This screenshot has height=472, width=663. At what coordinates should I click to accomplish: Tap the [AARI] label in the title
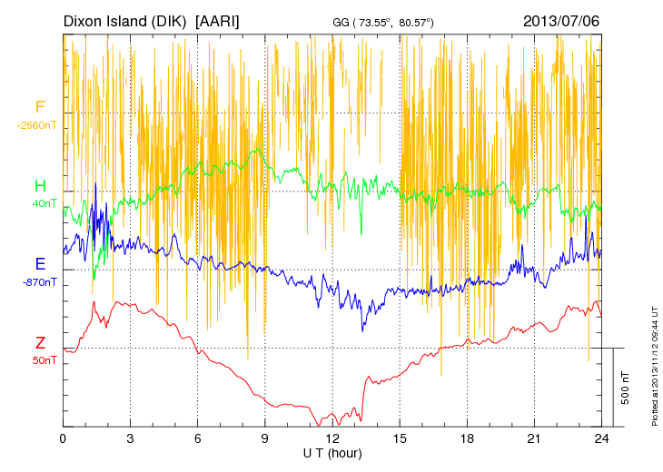click(218, 20)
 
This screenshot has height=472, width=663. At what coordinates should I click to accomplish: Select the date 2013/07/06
click(560, 20)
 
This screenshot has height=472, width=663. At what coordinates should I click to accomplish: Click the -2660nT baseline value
click(35, 125)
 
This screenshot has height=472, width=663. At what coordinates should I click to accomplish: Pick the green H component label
click(40, 187)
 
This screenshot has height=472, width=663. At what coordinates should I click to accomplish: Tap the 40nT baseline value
click(45, 203)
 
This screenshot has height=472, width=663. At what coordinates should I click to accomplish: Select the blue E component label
click(40, 265)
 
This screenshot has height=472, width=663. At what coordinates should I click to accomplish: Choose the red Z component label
click(40, 343)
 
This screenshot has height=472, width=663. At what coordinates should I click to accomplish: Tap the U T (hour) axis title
click(332, 452)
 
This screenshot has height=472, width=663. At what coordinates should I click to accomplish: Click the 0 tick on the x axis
click(63, 438)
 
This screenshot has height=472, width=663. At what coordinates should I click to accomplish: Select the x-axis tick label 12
click(332, 438)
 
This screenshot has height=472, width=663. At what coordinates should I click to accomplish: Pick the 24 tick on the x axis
click(601, 438)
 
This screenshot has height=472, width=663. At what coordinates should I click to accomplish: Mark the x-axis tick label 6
click(197, 438)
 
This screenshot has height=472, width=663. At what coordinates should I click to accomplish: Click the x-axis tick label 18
click(467, 438)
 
